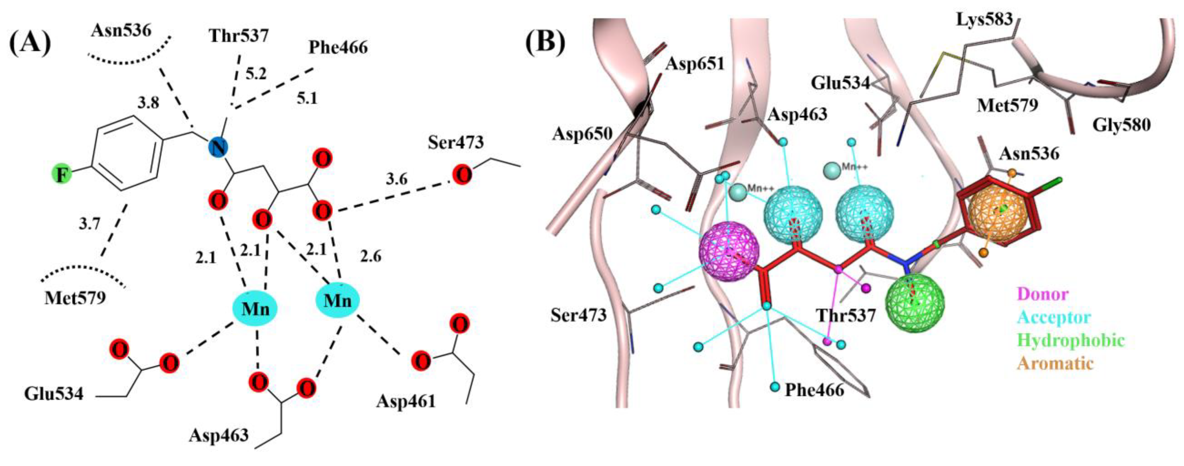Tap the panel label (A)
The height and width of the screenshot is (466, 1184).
(30, 43)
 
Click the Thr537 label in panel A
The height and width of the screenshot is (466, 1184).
(239, 35)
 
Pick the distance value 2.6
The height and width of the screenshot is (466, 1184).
(370, 256)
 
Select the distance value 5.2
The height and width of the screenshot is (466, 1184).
(256, 73)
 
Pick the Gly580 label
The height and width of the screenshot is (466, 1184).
(1121, 124)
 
